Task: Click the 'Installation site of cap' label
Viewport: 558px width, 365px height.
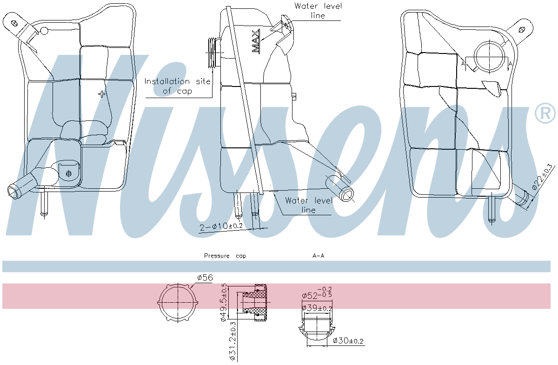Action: click(x=177, y=86)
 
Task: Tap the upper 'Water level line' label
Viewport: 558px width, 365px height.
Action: click(x=318, y=11)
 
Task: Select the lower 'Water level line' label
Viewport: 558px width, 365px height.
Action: click(x=309, y=205)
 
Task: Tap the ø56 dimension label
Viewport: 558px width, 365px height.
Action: click(x=205, y=278)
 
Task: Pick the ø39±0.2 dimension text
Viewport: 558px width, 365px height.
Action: click(x=317, y=307)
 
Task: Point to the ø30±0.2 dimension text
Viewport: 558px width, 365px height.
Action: click(x=348, y=341)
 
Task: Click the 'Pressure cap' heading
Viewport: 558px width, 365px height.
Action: click(x=225, y=256)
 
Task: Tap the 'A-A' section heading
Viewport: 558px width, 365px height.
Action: click(x=319, y=256)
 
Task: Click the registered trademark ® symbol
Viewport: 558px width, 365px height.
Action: click(x=545, y=113)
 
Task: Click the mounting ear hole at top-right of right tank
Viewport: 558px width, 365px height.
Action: click(x=521, y=29)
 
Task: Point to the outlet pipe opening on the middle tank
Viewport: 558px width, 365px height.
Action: click(x=345, y=194)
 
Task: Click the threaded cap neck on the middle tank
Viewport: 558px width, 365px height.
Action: click(x=214, y=53)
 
